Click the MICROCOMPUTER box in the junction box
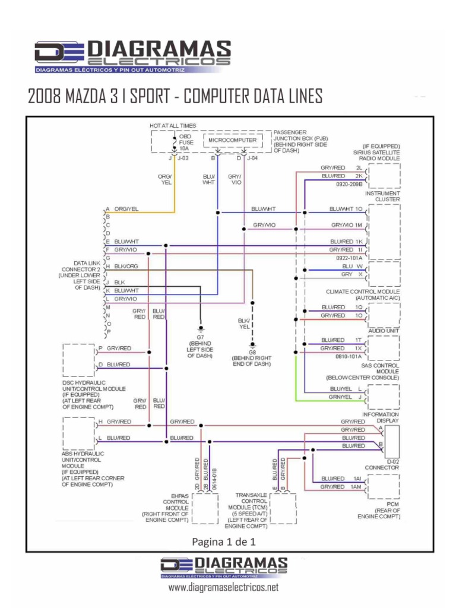[233, 140]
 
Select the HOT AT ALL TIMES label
[173, 126]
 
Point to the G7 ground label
[200, 337]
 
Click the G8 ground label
[252, 352]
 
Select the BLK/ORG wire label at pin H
[126, 267]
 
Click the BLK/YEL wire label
[243, 323]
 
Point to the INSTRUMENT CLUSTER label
[382, 197]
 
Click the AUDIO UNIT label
[384, 330]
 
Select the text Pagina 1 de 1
[223, 541]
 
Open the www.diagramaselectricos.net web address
[223, 588]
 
